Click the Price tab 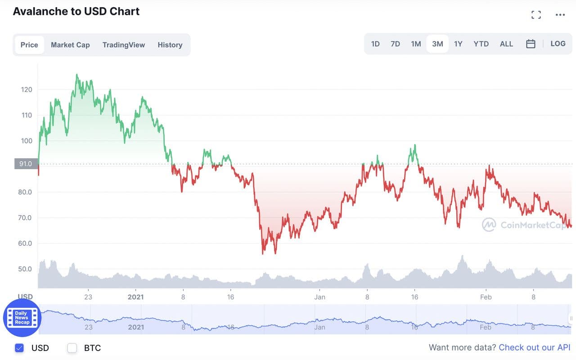[29, 45]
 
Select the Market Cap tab [70, 45]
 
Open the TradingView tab [124, 45]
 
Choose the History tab [170, 45]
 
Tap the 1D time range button [375, 44]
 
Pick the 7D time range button [395, 44]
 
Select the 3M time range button [437, 44]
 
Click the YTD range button [481, 44]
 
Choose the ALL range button [506, 44]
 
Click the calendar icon [531, 44]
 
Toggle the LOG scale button [558, 44]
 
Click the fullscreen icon [536, 15]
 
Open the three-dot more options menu [560, 15]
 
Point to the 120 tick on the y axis [27, 90]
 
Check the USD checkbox [19, 348]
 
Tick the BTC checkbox [72, 348]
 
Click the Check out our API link [534, 347]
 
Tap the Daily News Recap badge [22, 318]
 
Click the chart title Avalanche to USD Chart [76, 11]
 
